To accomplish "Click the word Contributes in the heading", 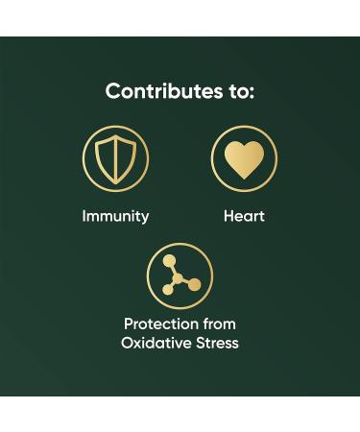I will tap(157, 92).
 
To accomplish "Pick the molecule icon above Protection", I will tap(180, 275).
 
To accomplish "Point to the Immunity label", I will tap(115, 216).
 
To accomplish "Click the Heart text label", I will tap(244, 216).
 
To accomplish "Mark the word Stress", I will tap(217, 343).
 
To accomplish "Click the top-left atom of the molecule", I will tap(169, 261).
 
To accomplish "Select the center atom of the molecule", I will tap(178, 277).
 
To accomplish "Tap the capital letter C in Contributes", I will tap(112, 92).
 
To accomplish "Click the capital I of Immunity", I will tap(84, 216).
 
